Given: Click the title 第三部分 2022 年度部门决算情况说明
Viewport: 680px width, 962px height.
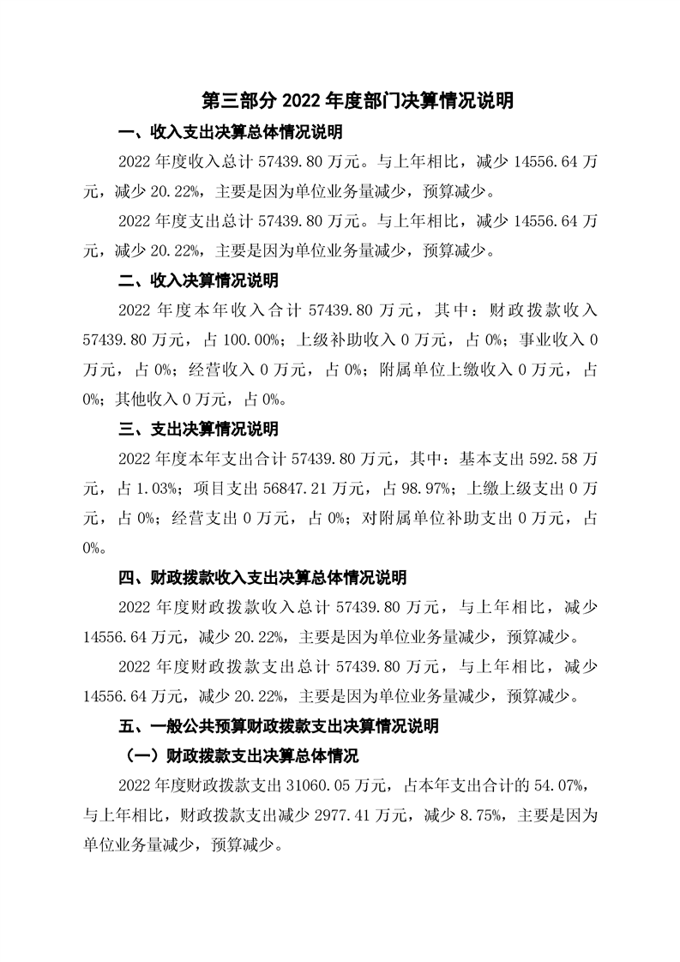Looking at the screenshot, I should click(358, 101).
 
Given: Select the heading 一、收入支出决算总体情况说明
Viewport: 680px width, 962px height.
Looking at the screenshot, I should click(230, 133).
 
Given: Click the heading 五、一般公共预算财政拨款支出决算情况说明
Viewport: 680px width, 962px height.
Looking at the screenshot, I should click(279, 726).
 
